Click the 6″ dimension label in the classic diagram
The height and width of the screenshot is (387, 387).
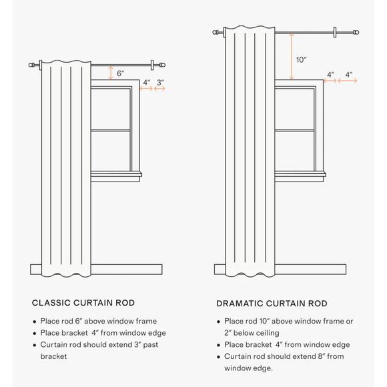pyautogui.click(x=120, y=73)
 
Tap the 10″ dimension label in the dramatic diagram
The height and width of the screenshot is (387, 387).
pyautogui.click(x=301, y=60)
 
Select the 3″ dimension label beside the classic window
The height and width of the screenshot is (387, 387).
pyautogui.click(x=160, y=83)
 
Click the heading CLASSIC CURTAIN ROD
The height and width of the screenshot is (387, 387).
pyautogui.click(x=83, y=303)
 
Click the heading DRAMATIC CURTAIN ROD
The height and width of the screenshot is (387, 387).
pyautogui.click(x=272, y=304)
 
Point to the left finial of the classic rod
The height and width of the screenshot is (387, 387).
pyautogui.click(x=31, y=65)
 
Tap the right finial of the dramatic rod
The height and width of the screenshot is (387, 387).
pyautogui.click(x=356, y=32)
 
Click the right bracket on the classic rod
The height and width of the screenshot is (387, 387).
pyautogui.click(x=152, y=65)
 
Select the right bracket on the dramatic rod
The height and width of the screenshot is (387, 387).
pyautogui.click(x=335, y=32)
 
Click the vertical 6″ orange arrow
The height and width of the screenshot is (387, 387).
pyautogui.click(x=111, y=73)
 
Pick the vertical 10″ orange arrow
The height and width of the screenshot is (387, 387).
pyautogui.click(x=292, y=56)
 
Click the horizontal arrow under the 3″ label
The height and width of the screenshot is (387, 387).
pyautogui.click(x=159, y=88)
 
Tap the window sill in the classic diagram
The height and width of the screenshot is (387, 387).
pyautogui.click(x=116, y=174)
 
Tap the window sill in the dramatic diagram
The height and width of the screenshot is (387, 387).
pyautogui.click(x=300, y=174)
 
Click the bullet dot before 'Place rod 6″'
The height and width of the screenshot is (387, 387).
pyautogui.click(x=35, y=322)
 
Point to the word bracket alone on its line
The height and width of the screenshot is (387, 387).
pyautogui.click(x=53, y=356)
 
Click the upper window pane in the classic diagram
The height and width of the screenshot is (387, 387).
pyautogui.click(x=110, y=109)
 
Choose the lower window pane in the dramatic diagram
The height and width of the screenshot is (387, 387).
pyautogui.click(x=294, y=151)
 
